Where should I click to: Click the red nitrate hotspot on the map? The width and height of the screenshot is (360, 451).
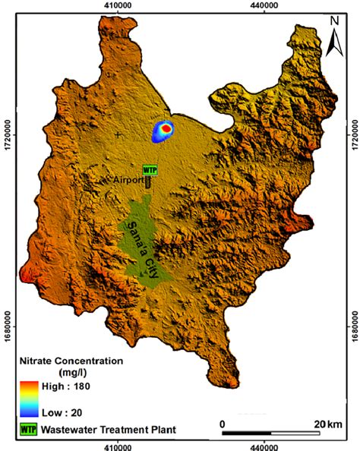click(166, 129)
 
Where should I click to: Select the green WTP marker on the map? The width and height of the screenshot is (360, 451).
click(150, 169)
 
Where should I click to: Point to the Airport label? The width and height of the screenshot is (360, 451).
click(128, 180)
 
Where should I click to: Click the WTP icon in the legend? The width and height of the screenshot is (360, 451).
click(27, 430)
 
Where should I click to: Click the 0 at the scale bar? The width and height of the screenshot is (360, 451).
click(223, 423)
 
